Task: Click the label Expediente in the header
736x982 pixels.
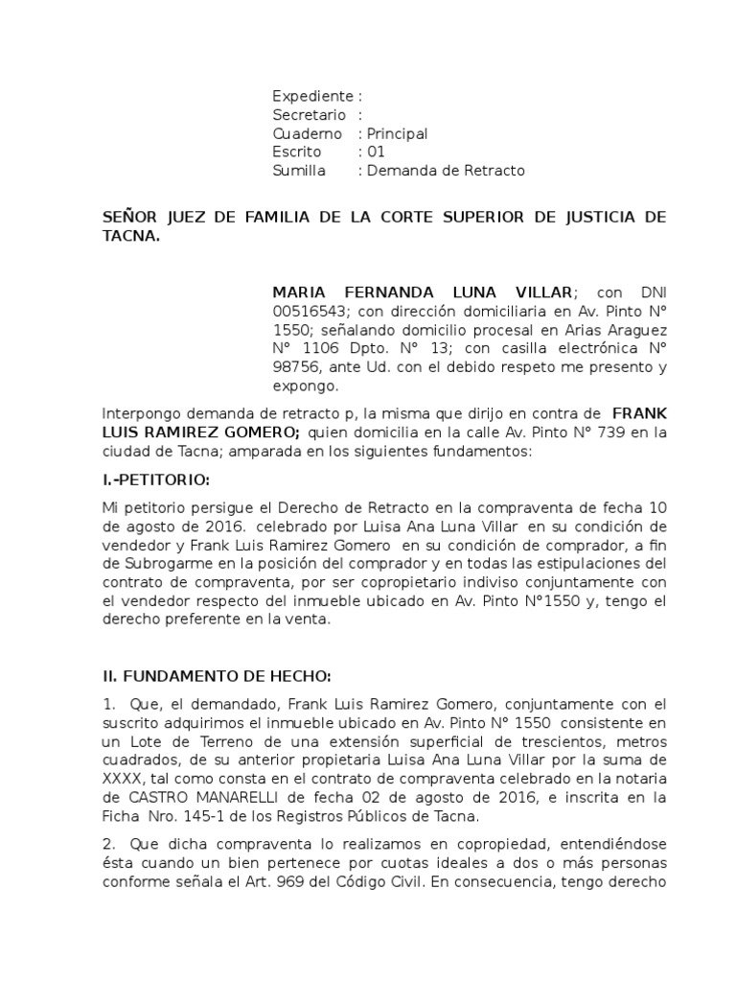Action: pyautogui.click(x=312, y=97)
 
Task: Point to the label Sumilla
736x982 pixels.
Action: pyautogui.click(x=299, y=171)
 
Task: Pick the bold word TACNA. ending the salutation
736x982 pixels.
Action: pyautogui.click(x=131, y=236)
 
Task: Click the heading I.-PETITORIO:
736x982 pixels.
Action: pyautogui.click(x=156, y=479)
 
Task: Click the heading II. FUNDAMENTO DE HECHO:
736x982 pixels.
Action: pyautogui.click(x=217, y=676)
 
